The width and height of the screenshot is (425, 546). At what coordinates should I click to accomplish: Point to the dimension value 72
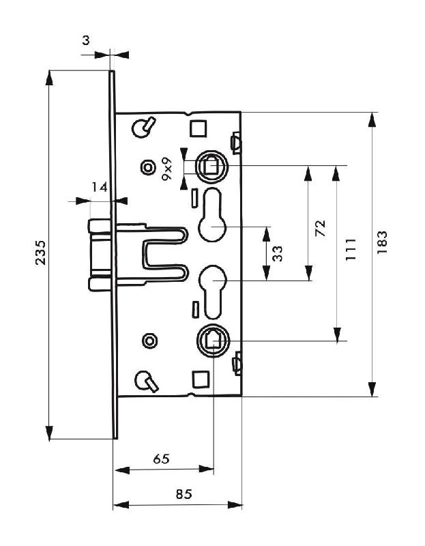[321, 228]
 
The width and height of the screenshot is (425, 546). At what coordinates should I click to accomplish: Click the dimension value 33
[277, 254]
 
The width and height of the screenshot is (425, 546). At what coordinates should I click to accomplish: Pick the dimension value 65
[161, 459]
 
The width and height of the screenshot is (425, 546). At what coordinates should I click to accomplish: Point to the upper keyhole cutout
[214, 217]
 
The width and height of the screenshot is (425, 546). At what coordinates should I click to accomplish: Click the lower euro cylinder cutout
[214, 288]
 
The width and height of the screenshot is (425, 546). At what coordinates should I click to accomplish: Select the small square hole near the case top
[199, 128]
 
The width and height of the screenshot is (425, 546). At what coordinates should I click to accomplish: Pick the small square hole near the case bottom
[200, 377]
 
